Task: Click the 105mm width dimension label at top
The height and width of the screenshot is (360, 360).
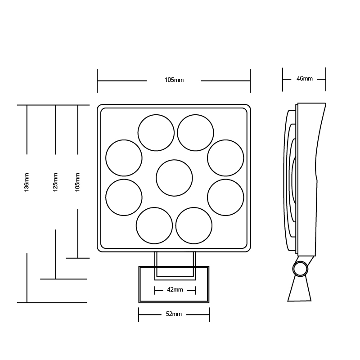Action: pos(174,80)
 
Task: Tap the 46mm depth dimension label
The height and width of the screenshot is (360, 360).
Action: pos(305,78)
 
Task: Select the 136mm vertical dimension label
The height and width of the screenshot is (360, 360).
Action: pos(27,182)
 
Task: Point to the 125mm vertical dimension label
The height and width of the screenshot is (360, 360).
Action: pos(55,182)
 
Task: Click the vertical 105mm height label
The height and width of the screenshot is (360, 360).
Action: pos(77,182)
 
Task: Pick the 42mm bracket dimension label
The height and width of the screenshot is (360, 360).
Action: pos(175,290)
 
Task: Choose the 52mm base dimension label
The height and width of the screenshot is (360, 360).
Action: pos(174,314)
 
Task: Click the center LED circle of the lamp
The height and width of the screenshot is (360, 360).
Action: pos(174,178)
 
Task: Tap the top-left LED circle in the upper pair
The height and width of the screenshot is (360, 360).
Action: pos(156,133)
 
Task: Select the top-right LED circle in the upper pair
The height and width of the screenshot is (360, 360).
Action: pos(196,133)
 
